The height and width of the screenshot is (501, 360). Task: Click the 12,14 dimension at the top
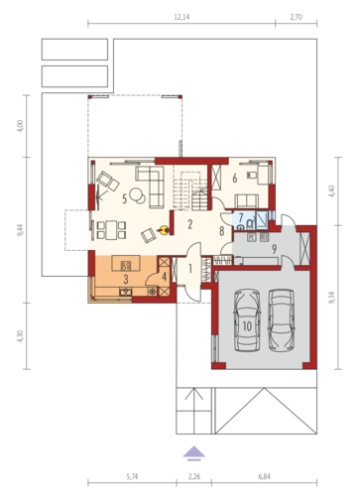181,17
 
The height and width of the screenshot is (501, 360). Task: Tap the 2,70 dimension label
297,17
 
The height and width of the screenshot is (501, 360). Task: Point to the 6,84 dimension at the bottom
264,476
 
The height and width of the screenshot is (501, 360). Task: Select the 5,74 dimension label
132,476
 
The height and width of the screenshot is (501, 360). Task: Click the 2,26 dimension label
194,476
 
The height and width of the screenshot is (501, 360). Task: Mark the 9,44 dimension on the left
21,230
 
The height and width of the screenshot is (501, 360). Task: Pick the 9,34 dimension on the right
332,298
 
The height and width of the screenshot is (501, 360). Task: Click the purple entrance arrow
194,453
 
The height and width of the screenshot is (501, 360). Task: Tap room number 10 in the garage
247,326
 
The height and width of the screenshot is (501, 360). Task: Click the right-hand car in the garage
281,320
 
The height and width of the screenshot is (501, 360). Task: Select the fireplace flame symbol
164,230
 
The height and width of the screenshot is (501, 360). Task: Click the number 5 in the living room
124,199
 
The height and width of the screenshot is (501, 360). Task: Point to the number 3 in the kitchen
126,280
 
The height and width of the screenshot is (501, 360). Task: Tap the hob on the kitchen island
126,265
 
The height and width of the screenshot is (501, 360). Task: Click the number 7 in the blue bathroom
241,217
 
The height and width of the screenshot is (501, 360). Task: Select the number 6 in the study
235,179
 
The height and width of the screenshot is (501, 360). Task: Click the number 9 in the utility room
274,249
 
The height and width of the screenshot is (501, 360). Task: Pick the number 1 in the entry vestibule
190,269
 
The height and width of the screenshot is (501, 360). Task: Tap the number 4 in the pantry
165,277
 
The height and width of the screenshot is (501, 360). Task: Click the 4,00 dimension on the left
21,126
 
